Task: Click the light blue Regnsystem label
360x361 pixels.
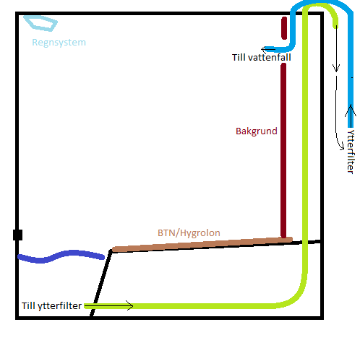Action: point(59,43)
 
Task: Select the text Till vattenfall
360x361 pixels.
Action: point(262,58)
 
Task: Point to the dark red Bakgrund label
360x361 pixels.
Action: point(257,131)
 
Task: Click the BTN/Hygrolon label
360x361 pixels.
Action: point(189,233)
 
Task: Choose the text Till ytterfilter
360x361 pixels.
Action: point(51,305)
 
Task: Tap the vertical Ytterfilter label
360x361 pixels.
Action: point(351,152)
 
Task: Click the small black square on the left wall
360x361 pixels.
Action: point(17,235)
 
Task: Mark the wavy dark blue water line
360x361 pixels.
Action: point(61,256)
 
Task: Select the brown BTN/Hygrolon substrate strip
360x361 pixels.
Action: point(202,245)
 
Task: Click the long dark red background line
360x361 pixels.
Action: point(283,151)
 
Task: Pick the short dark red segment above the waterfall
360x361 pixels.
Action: point(284,28)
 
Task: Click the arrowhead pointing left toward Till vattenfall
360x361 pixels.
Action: point(264,50)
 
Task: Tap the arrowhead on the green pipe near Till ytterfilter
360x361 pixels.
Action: point(130,305)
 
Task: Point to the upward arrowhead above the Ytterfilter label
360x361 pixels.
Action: point(351,110)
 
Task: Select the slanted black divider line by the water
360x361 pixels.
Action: point(100,284)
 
